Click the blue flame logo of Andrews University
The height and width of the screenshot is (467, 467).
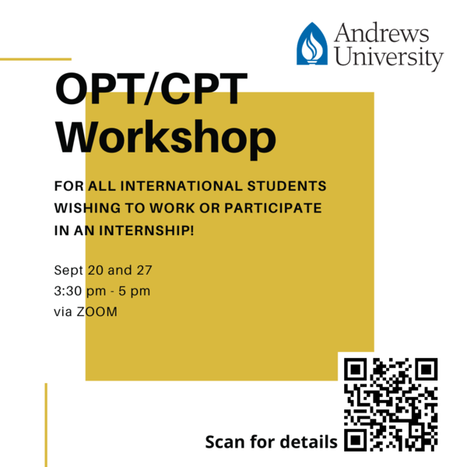pos(312,44)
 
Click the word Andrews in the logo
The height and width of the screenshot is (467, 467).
pos(381,32)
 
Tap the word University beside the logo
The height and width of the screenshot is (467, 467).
pos(389,57)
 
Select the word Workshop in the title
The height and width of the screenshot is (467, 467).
pos(166,138)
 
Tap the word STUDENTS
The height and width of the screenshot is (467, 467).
pos(286,186)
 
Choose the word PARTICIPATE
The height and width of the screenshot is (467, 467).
pos(273,208)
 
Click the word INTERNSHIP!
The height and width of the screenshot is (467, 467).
pos(146,230)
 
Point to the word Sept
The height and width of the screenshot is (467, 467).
pos(68,270)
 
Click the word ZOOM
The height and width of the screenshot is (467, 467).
pos(97,312)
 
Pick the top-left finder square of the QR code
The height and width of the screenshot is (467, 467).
pos(356,369)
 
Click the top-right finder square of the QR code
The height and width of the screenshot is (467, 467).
pos(427,369)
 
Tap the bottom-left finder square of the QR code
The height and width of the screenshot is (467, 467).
pos(356,440)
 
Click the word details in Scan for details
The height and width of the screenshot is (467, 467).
pos(309,441)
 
